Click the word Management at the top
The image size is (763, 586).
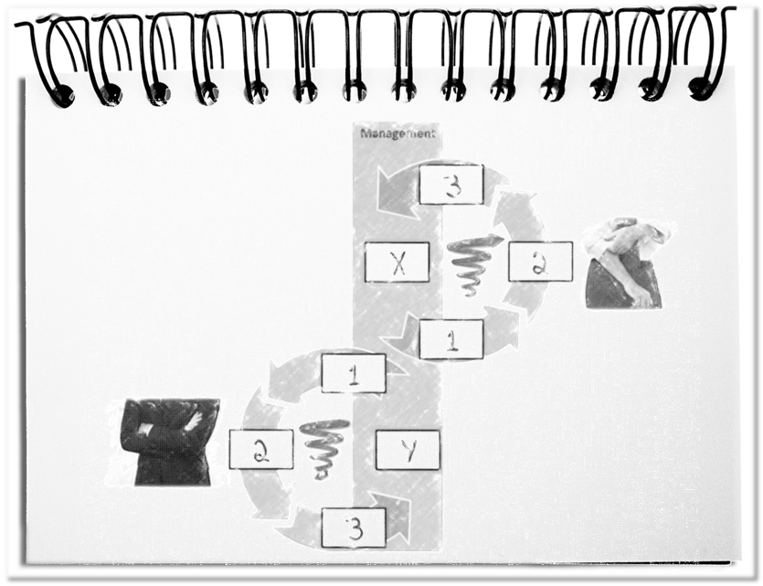(397, 133)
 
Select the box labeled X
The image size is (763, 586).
(397, 262)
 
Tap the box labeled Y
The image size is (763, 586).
(408, 450)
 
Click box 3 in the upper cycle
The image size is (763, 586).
(451, 185)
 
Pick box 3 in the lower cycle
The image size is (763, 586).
(354, 527)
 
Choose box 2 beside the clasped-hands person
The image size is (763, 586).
(540, 261)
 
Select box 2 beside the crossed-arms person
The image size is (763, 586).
(261, 449)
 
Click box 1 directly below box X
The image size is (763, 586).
(451, 339)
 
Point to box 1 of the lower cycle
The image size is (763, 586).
(354, 373)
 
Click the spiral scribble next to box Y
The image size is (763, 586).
(323, 449)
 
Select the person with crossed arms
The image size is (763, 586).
(169, 442)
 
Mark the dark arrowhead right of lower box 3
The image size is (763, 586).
(392, 519)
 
